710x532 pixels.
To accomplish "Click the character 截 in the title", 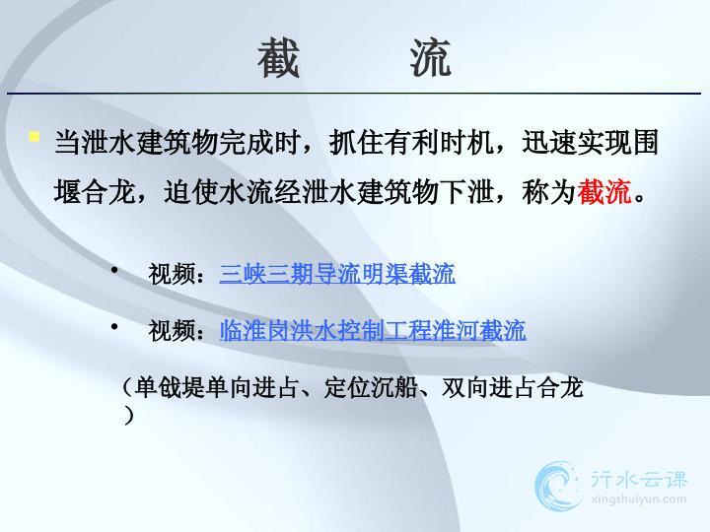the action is pos(278,57).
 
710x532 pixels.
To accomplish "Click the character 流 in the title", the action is pos(431,57).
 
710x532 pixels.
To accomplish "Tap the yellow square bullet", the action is pos(34,136).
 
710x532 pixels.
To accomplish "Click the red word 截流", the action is pos(604,192).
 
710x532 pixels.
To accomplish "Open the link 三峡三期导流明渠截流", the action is pos(337,273).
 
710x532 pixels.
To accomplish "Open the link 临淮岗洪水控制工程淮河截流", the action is pos(373,330).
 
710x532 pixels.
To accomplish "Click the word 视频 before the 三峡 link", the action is pos(172,274).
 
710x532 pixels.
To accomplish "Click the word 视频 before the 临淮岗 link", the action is pos(172,330).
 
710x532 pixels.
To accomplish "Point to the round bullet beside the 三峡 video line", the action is pos(114,270).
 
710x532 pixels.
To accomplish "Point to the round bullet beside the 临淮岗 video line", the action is pos(114,326).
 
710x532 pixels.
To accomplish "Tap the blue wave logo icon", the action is pos(557,487).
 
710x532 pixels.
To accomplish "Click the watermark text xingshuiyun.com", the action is pos(638,499).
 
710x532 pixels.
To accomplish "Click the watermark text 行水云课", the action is pos(639,479).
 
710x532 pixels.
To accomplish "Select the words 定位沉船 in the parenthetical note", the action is pos(371,388).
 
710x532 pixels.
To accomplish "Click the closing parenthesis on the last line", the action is pos(129,415).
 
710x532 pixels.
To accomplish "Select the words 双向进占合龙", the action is pos(512,388).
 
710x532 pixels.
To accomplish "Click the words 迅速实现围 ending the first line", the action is pos(590,142).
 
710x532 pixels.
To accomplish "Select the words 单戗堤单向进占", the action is pos(217,388).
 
